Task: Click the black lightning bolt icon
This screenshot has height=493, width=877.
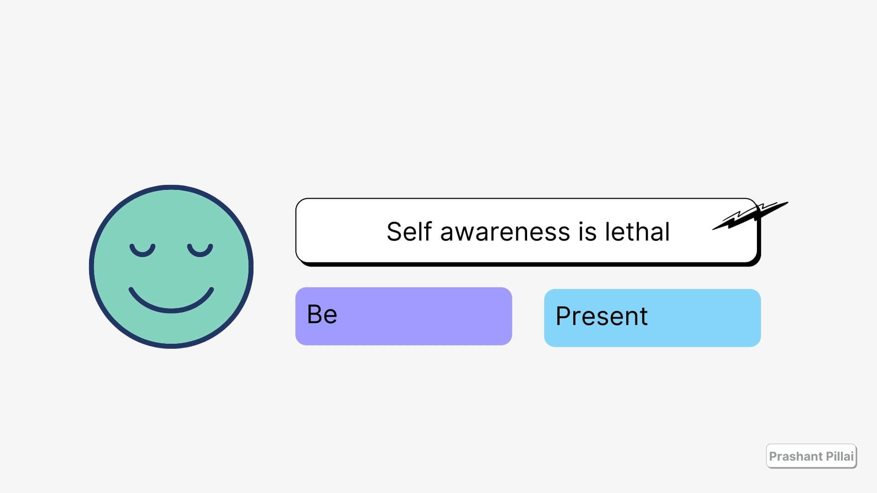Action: (x=750, y=215)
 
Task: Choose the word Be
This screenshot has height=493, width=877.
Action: (x=322, y=314)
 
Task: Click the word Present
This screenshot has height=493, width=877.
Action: (x=602, y=316)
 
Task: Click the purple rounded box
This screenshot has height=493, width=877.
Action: (x=404, y=316)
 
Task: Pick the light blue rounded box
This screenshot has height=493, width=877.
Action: (x=652, y=318)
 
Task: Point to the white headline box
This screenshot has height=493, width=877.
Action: (x=527, y=231)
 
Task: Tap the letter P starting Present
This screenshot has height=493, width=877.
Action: (x=564, y=316)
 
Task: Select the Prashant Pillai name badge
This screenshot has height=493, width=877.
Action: (x=811, y=456)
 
